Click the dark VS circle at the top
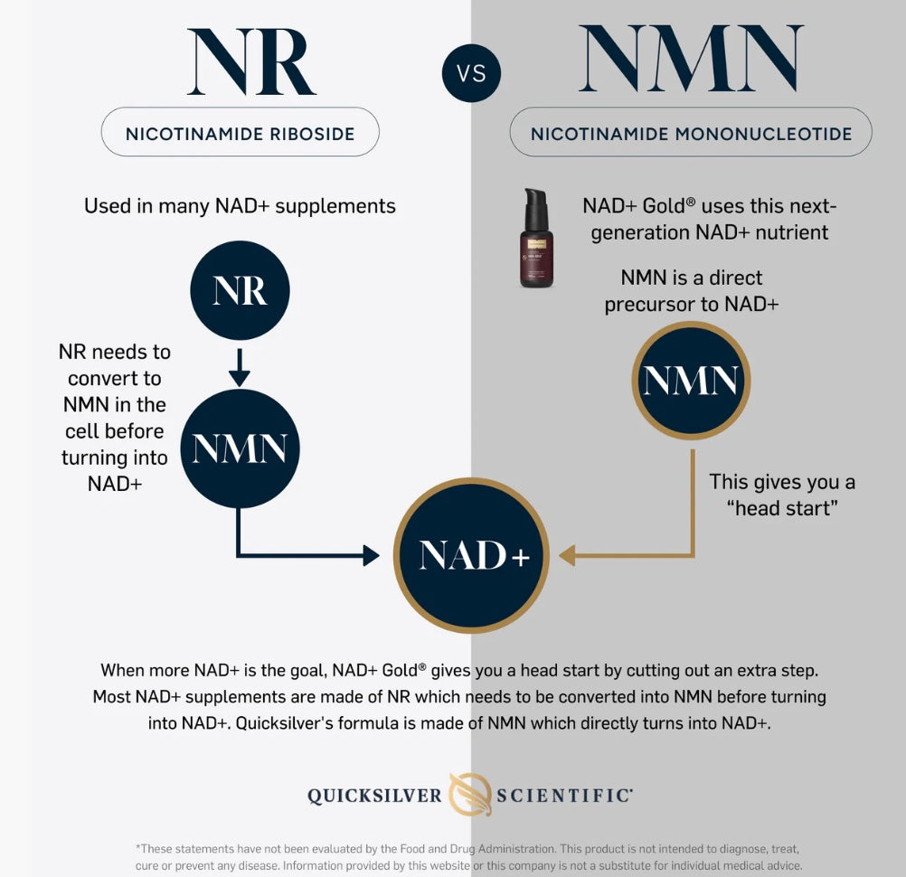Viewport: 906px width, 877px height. [471, 73]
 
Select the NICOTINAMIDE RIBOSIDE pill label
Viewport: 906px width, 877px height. [241, 132]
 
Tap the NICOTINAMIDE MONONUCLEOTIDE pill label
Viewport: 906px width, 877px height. [691, 132]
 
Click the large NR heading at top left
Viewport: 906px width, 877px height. [251, 61]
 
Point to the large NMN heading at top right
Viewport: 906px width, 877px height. [691, 58]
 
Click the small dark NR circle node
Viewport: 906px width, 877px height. [240, 290]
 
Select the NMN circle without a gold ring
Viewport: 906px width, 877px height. [240, 448]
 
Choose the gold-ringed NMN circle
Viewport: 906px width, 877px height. [691, 380]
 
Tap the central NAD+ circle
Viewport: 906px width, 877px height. [471, 555]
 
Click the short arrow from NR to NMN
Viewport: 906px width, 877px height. [240, 367]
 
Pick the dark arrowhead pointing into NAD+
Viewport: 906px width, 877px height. [371, 555]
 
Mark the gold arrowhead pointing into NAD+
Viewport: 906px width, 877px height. [568, 555]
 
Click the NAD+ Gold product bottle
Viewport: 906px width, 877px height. [536, 238]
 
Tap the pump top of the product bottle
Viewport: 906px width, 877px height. [535, 200]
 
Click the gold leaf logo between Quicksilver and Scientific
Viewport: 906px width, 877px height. [470, 795]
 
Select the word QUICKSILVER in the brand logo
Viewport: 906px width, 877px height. [374, 796]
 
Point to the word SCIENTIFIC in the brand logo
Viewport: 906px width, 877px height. [564, 796]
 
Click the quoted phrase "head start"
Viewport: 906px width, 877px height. [782, 508]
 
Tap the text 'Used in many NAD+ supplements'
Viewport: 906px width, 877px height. [240, 206]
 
